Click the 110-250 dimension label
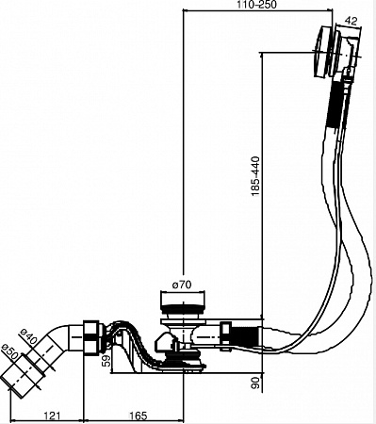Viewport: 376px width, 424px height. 257,5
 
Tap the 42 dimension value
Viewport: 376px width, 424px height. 351,21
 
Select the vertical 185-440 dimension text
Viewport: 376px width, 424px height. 255,176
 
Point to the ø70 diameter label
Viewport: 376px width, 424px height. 182,285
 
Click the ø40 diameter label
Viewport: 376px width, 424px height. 28,335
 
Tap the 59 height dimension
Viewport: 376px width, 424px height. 107,361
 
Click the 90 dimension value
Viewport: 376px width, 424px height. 256,383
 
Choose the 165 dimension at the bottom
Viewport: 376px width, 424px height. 139,416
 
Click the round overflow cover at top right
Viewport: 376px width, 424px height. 322,51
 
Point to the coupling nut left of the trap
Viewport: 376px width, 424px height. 92,336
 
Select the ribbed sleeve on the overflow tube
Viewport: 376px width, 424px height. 334,104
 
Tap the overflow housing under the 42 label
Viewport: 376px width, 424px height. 348,50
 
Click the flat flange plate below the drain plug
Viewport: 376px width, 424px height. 183,321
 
